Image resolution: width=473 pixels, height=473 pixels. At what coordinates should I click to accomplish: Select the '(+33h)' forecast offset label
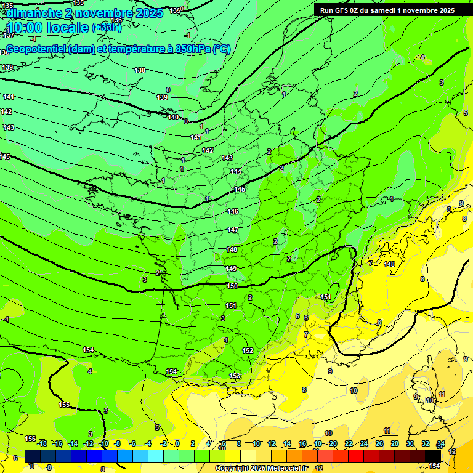107,27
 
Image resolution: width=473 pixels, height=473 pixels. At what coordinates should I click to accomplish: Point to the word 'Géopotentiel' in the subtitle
36,49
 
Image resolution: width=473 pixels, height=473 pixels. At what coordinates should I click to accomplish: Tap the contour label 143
227,158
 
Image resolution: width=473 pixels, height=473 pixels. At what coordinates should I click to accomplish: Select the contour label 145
240,189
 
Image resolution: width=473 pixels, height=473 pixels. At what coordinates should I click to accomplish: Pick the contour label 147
233,230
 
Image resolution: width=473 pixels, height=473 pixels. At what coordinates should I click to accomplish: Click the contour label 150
232,286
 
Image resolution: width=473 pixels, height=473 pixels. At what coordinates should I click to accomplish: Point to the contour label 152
248,350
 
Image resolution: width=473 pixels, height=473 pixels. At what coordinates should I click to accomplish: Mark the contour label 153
235,376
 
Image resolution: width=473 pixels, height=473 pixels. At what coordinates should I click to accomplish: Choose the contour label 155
64,405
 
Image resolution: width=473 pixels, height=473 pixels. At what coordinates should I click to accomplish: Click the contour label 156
30,439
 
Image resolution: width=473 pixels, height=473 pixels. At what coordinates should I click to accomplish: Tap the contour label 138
140,70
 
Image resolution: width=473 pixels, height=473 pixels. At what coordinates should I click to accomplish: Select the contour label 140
173,117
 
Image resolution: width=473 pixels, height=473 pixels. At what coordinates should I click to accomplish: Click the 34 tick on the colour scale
441,443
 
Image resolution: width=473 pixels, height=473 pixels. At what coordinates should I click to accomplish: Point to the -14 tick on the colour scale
73,443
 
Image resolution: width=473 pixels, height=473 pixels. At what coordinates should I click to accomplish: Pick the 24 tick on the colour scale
363,443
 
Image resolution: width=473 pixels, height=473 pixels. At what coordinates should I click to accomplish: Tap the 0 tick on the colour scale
177,443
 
